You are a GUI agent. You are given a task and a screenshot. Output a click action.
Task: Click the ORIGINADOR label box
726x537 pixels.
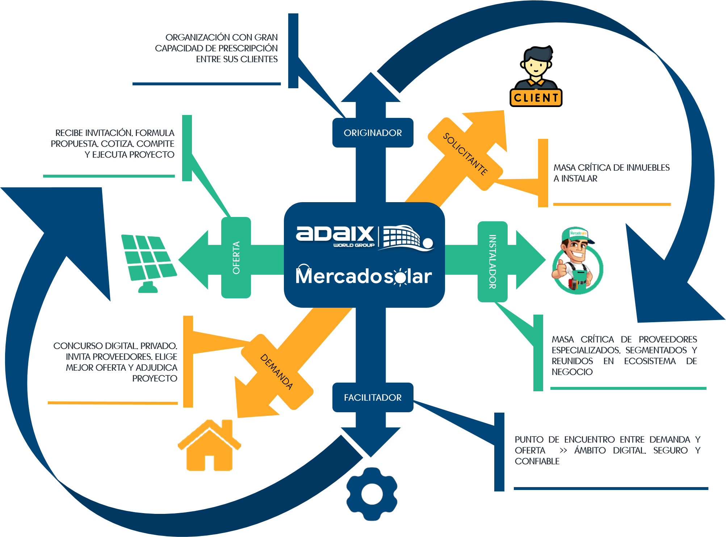[x=373, y=133]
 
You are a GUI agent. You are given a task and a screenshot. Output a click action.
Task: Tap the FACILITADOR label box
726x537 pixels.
[x=373, y=397]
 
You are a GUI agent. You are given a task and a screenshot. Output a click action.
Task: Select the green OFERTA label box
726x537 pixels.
[x=236, y=257]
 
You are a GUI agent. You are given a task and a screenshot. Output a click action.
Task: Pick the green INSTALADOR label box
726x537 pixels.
[x=492, y=261]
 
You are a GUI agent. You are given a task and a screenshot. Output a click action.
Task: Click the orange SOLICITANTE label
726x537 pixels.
[x=465, y=154]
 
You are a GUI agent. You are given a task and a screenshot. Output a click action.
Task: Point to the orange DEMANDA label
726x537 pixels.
[x=277, y=371]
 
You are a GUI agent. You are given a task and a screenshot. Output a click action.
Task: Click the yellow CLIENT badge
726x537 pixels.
[x=536, y=98]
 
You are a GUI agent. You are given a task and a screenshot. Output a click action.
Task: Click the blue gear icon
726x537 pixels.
[x=372, y=494]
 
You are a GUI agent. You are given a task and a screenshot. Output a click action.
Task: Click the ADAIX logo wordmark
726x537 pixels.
[x=335, y=234]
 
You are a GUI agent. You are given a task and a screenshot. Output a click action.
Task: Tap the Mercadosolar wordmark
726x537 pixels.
[x=364, y=276]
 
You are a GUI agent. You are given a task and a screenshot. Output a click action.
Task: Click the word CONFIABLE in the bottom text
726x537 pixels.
[x=537, y=461]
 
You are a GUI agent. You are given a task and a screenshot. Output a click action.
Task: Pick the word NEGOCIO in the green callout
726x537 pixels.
[x=572, y=372]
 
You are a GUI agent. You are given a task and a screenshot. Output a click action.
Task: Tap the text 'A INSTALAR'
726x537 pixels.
[x=576, y=178]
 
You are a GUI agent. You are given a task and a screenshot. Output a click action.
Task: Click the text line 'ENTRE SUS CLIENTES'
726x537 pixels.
[x=237, y=59]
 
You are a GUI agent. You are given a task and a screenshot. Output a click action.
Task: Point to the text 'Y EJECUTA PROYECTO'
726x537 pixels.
[x=130, y=154]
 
